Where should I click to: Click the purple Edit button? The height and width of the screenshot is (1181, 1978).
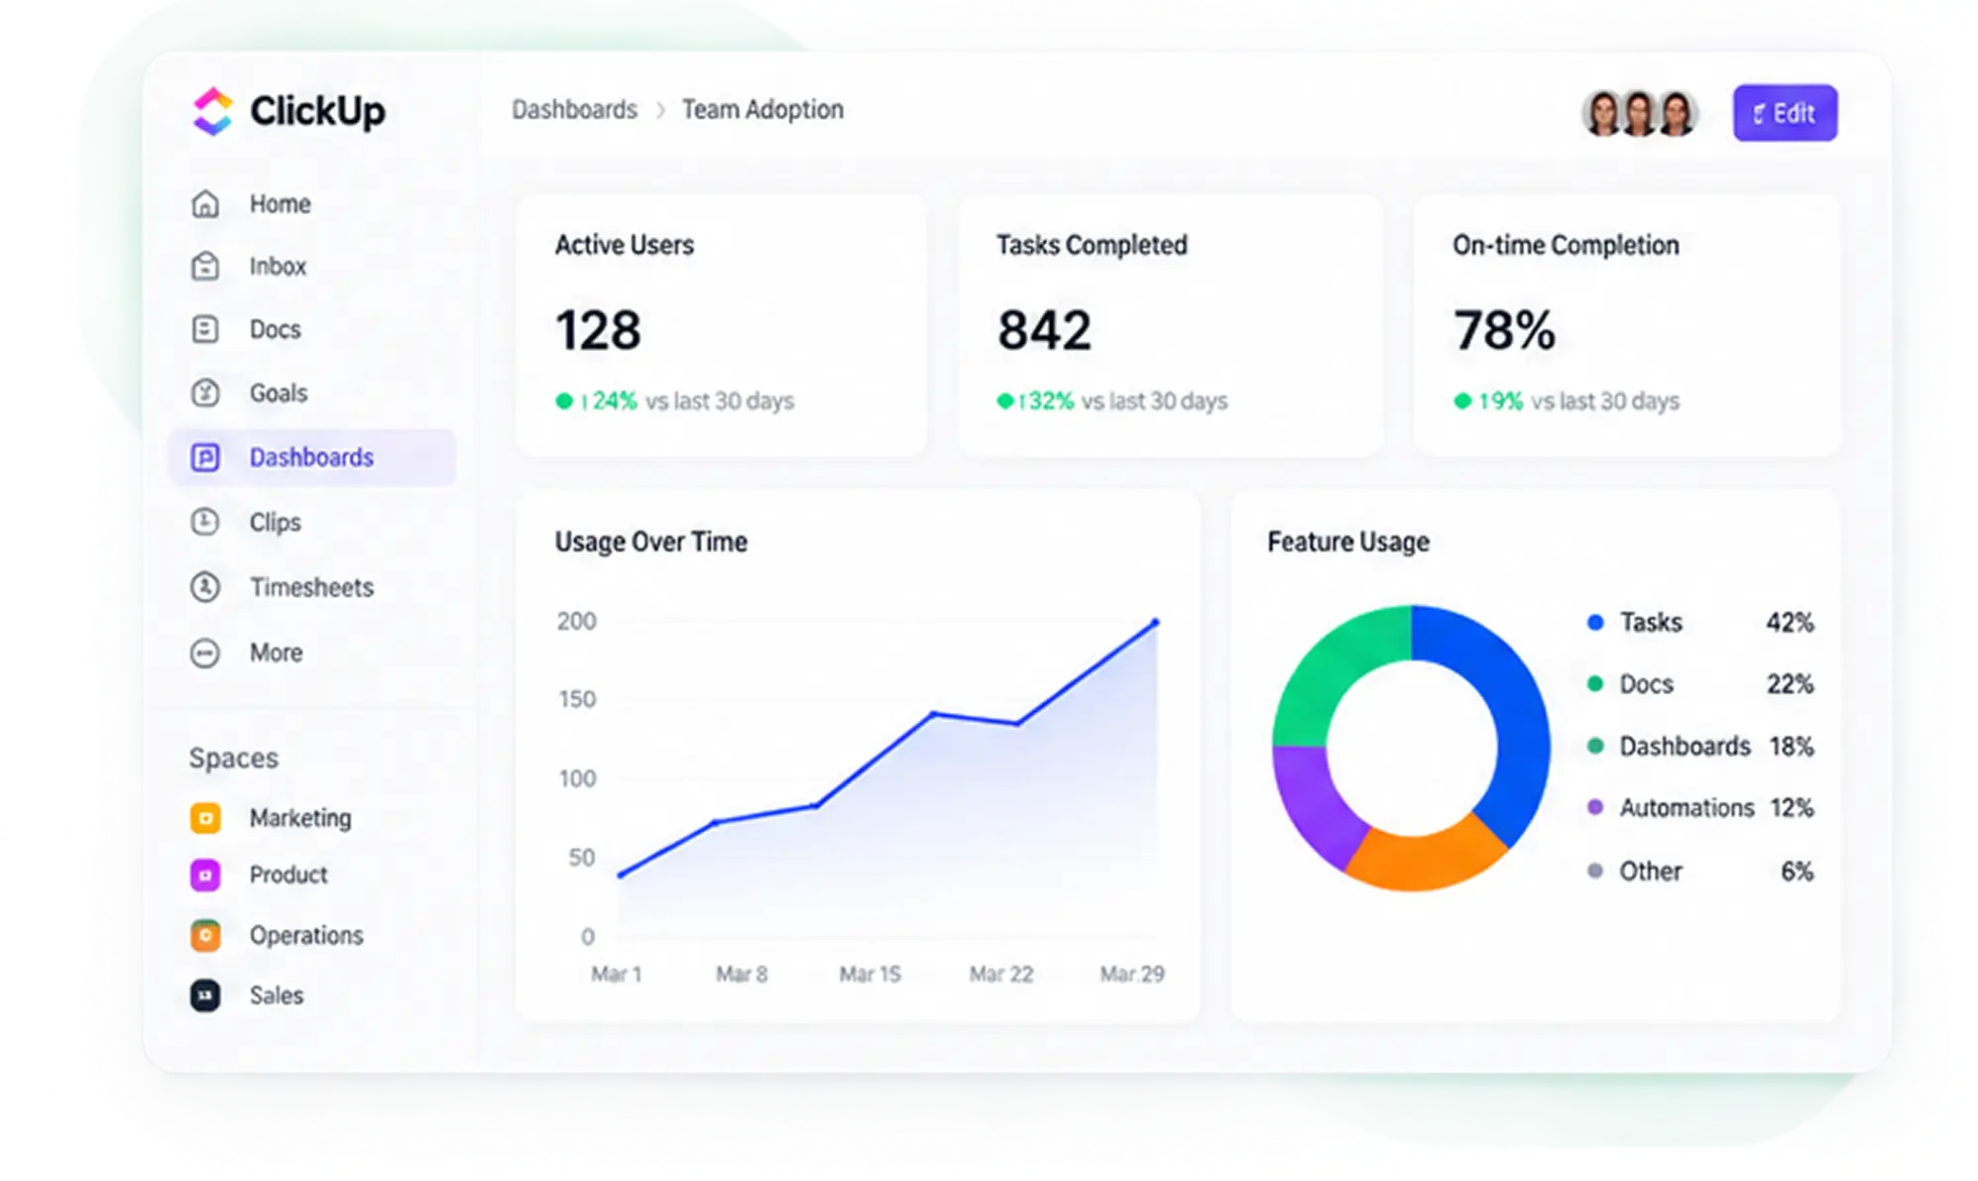point(1784,113)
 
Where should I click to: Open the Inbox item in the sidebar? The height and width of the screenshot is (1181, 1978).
point(277,267)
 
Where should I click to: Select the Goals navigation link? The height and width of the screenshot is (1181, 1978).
point(278,394)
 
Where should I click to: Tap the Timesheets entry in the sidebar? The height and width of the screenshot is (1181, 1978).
point(311,587)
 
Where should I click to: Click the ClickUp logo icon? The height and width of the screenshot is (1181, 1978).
point(212,111)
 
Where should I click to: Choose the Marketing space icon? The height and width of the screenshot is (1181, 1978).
point(205,818)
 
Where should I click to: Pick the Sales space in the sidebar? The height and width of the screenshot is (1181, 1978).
point(276,996)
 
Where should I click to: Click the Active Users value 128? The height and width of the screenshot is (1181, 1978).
point(598,330)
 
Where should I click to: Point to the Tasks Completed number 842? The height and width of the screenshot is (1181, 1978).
point(1044,330)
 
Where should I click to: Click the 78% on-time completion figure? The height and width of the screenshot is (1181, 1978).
point(1504,330)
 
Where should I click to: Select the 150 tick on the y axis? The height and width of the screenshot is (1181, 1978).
point(577,699)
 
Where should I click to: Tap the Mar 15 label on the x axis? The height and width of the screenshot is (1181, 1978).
point(870,974)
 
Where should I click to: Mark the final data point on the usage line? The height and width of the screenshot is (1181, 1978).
point(1155,623)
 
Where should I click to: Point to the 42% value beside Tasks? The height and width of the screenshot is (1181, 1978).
point(1790,623)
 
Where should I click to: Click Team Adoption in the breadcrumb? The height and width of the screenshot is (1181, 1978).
point(762,109)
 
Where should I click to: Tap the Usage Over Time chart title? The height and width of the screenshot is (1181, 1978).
point(650,541)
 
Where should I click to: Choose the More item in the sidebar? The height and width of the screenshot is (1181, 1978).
point(276,652)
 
